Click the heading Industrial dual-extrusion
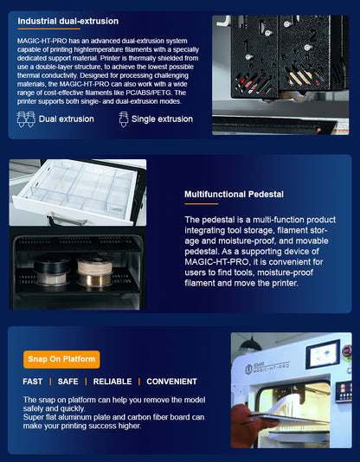click(68, 22)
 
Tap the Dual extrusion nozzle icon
click(26, 119)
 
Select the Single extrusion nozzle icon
click(124, 119)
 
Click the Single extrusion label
click(162, 119)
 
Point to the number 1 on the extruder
click(246, 46)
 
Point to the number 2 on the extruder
click(312, 35)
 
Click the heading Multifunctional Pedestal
click(234, 194)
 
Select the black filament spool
click(52, 266)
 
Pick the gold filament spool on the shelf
click(94, 279)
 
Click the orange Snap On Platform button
click(61, 359)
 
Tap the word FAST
click(32, 382)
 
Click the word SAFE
click(68, 382)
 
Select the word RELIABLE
click(112, 382)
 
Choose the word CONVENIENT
click(171, 382)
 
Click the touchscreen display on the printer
click(323, 354)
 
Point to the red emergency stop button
click(347, 351)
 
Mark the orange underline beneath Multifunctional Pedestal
click(202, 204)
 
